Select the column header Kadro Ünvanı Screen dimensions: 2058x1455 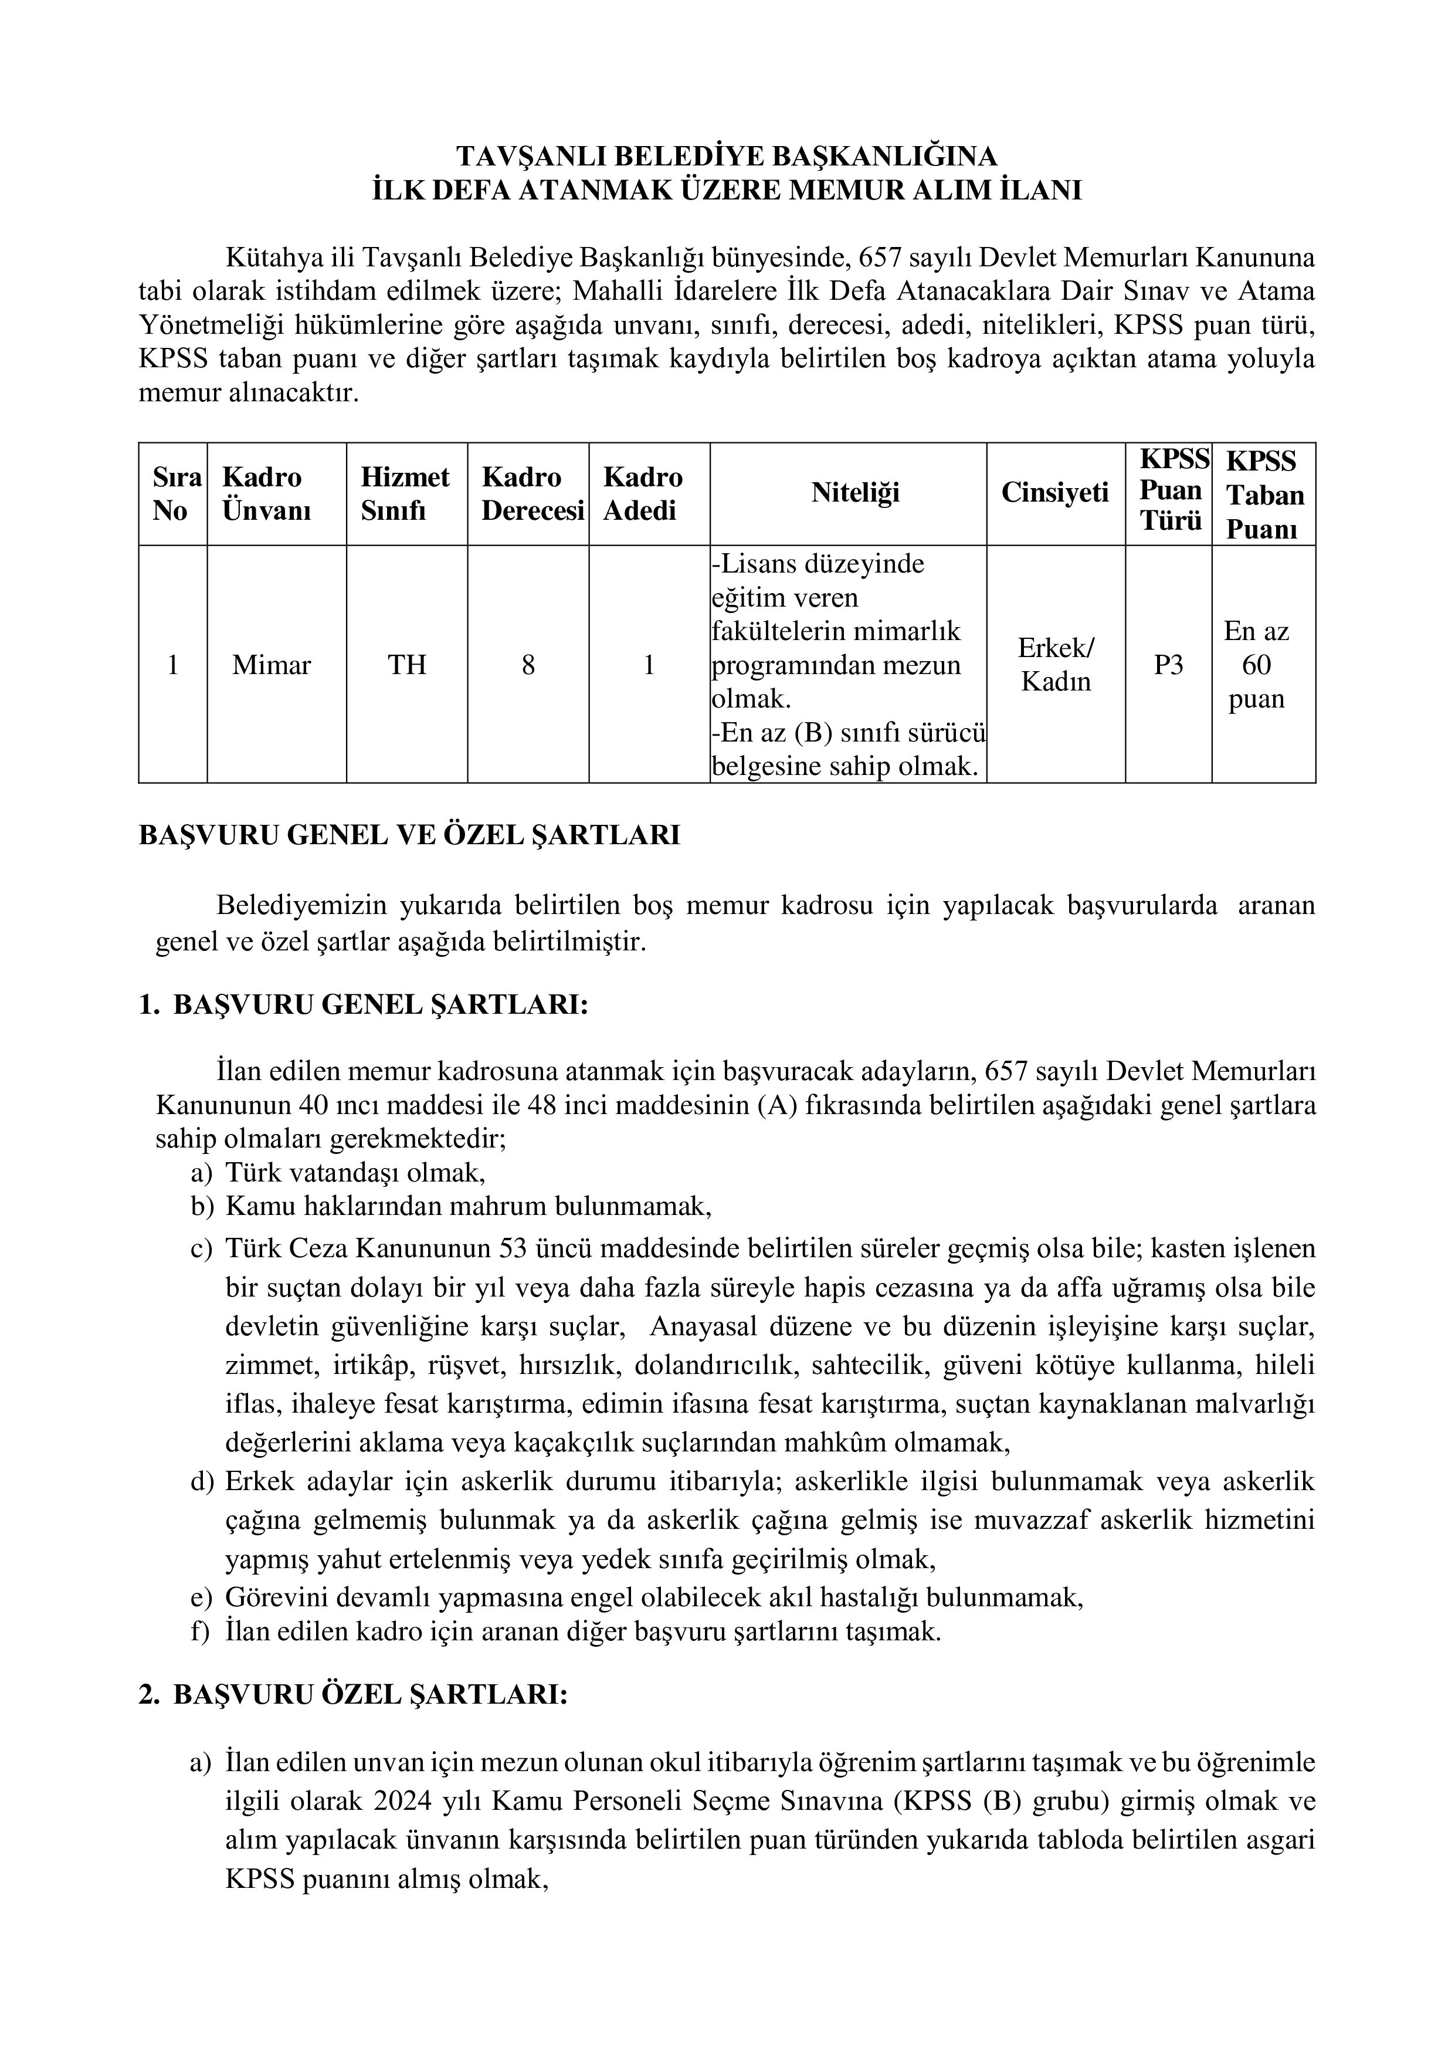pyautogui.click(x=266, y=494)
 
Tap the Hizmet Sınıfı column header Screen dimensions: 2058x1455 pyautogui.click(x=405, y=494)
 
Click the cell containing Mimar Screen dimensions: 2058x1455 pyautogui.click(x=272, y=665)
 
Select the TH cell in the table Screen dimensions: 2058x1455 pyautogui.click(x=406, y=665)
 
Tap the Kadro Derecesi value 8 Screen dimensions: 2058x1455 pyautogui.click(x=528, y=665)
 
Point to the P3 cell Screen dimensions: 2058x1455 pyautogui.click(x=1168, y=665)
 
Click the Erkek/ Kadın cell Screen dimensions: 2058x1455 pyautogui.click(x=1056, y=665)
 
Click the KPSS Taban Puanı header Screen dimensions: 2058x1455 pyautogui.click(x=1263, y=495)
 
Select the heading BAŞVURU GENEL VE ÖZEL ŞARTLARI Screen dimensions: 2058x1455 pyautogui.click(x=409, y=835)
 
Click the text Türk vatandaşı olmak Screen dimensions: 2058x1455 pyautogui.click(x=355, y=1172)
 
